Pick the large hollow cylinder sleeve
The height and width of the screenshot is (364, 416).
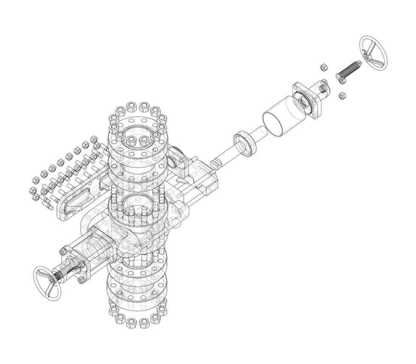click(x=281, y=117)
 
